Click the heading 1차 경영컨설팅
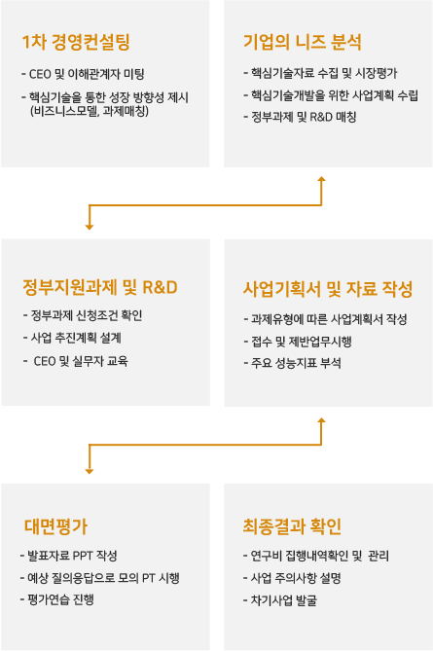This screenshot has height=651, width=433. tap(76, 42)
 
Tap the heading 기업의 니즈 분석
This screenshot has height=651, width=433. tap(303, 42)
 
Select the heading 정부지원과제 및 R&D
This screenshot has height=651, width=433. tap(100, 287)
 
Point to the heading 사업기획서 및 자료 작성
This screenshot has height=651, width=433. tap(328, 289)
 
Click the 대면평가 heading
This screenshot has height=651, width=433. tap(55, 526)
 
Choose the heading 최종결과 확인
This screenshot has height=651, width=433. tap(292, 526)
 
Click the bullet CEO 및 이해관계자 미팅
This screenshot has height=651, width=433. tap(83, 74)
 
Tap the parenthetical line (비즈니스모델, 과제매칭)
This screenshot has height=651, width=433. tap(90, 111)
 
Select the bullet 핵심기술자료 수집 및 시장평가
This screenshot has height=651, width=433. tap(320, 74)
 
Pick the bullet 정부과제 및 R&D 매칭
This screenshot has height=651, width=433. tap(300, 117)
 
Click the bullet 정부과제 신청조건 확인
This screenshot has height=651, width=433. tap(83, 315)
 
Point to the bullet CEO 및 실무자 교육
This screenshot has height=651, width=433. tap(76, 361)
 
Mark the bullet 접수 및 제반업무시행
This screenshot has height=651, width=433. tap(298, 342)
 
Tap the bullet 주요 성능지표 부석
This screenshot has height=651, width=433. tap(292, 363)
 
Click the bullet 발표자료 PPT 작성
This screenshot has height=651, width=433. tap(69, 556)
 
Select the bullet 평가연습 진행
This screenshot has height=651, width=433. tap(57, 599)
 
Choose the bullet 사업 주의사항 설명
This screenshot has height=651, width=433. tap(292, 578)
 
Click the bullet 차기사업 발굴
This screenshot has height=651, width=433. tap(280, 600)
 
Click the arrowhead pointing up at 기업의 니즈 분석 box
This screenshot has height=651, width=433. tap(321, 179)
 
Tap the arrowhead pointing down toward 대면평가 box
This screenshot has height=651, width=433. tap(90, 471)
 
